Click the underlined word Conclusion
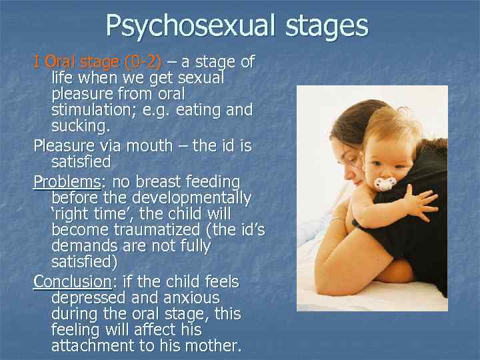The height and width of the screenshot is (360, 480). pyautogui.click(x=71, y=281)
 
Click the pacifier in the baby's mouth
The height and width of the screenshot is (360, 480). pyautogui.click(x=385, y=183)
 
